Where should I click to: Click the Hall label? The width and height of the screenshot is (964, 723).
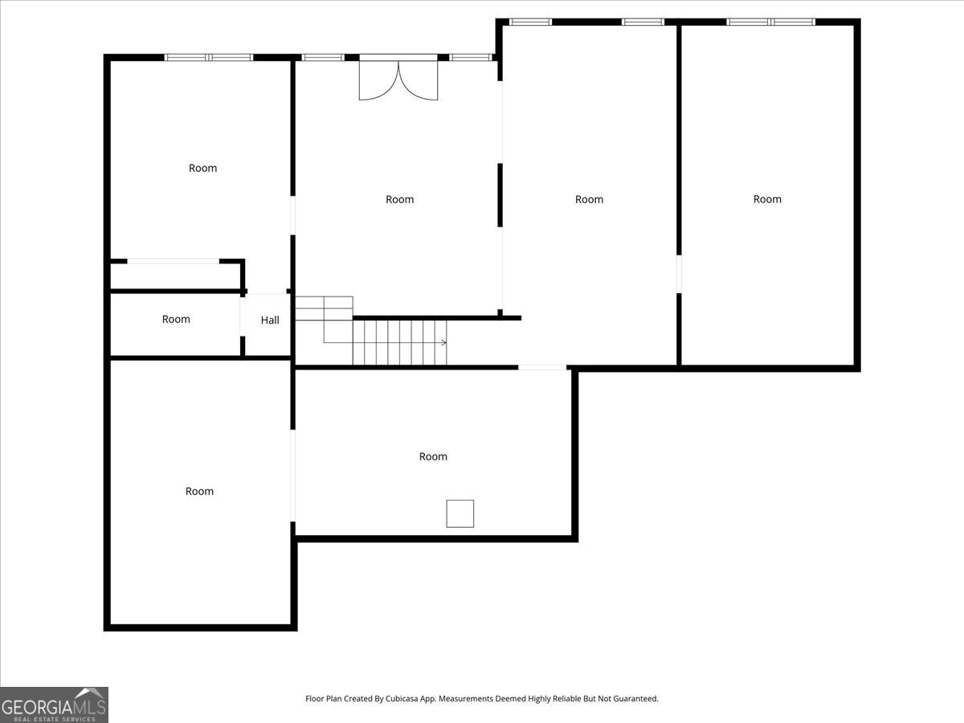[x=270, y=321]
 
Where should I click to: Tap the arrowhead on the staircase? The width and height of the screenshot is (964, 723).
[x=444, y=342]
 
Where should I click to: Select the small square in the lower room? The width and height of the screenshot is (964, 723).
[x=460, y=513]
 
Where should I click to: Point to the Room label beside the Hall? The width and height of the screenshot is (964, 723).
[x=176, y=319]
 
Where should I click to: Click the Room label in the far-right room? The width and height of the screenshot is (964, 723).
[x=767, y=199]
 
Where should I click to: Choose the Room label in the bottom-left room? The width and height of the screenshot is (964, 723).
[x=199, y=491]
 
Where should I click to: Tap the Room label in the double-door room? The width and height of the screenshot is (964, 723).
[x=399, y=200]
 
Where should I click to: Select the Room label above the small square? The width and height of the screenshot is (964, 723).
[x=433, y=456]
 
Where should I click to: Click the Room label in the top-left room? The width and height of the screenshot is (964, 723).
[x=203, y=168]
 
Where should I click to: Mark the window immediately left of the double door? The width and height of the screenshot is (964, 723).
[x=323, y=58]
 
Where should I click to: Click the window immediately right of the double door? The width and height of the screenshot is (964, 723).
[x=471, y=58]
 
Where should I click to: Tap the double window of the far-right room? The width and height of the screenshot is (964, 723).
[x=770, y=22]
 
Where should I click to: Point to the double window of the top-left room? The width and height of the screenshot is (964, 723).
[x=209, y=58]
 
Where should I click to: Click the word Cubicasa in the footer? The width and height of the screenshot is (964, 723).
[x=402, y=698]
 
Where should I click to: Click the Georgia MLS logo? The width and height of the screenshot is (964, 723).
[x=54, y=705]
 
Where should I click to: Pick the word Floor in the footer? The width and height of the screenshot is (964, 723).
[x=314, y=698]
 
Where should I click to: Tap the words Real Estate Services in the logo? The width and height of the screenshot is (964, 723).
[x=55, y=719]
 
